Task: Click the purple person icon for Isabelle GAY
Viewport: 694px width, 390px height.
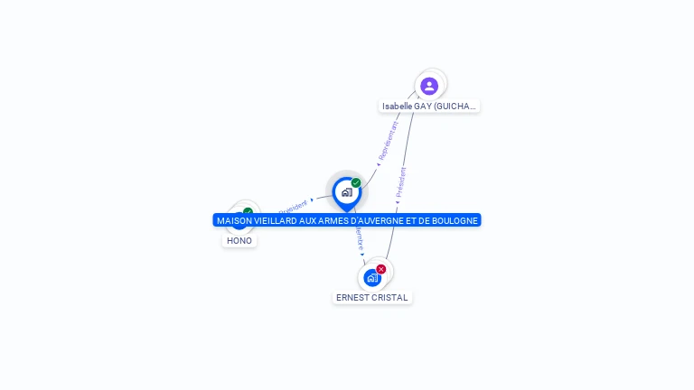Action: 429,86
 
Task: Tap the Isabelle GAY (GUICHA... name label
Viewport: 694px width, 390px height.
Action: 428,106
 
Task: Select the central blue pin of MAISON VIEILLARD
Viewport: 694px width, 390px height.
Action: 346,192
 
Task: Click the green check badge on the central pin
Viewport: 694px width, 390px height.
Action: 356,182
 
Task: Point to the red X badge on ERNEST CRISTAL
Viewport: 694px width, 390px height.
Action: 381,269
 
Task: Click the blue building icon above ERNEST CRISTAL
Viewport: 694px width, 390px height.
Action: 371,278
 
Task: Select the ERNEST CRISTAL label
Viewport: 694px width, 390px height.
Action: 371,297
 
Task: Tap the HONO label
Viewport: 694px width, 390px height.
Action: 239,240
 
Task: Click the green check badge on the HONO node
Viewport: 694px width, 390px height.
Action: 248,212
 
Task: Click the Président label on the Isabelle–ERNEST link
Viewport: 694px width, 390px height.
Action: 400,182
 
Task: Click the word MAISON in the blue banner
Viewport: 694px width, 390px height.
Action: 233,220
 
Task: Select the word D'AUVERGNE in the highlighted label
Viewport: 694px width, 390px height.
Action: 383,220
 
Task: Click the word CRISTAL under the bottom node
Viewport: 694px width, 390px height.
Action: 390,297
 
